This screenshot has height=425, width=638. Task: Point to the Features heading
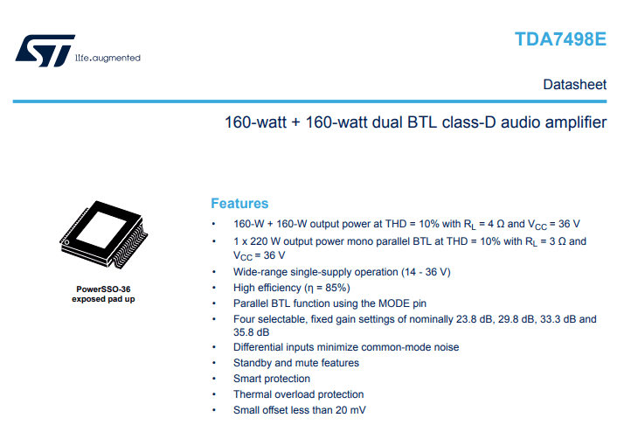point(239,203)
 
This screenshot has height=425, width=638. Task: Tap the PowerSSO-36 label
point(103,289)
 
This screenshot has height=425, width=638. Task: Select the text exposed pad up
point(103,299)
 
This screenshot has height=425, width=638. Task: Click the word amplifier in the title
point(573,122)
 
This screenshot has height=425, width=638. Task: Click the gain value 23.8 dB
point(458,319)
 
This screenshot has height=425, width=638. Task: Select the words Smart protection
point(272,379)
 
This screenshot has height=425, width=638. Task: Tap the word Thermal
point(253,394)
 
